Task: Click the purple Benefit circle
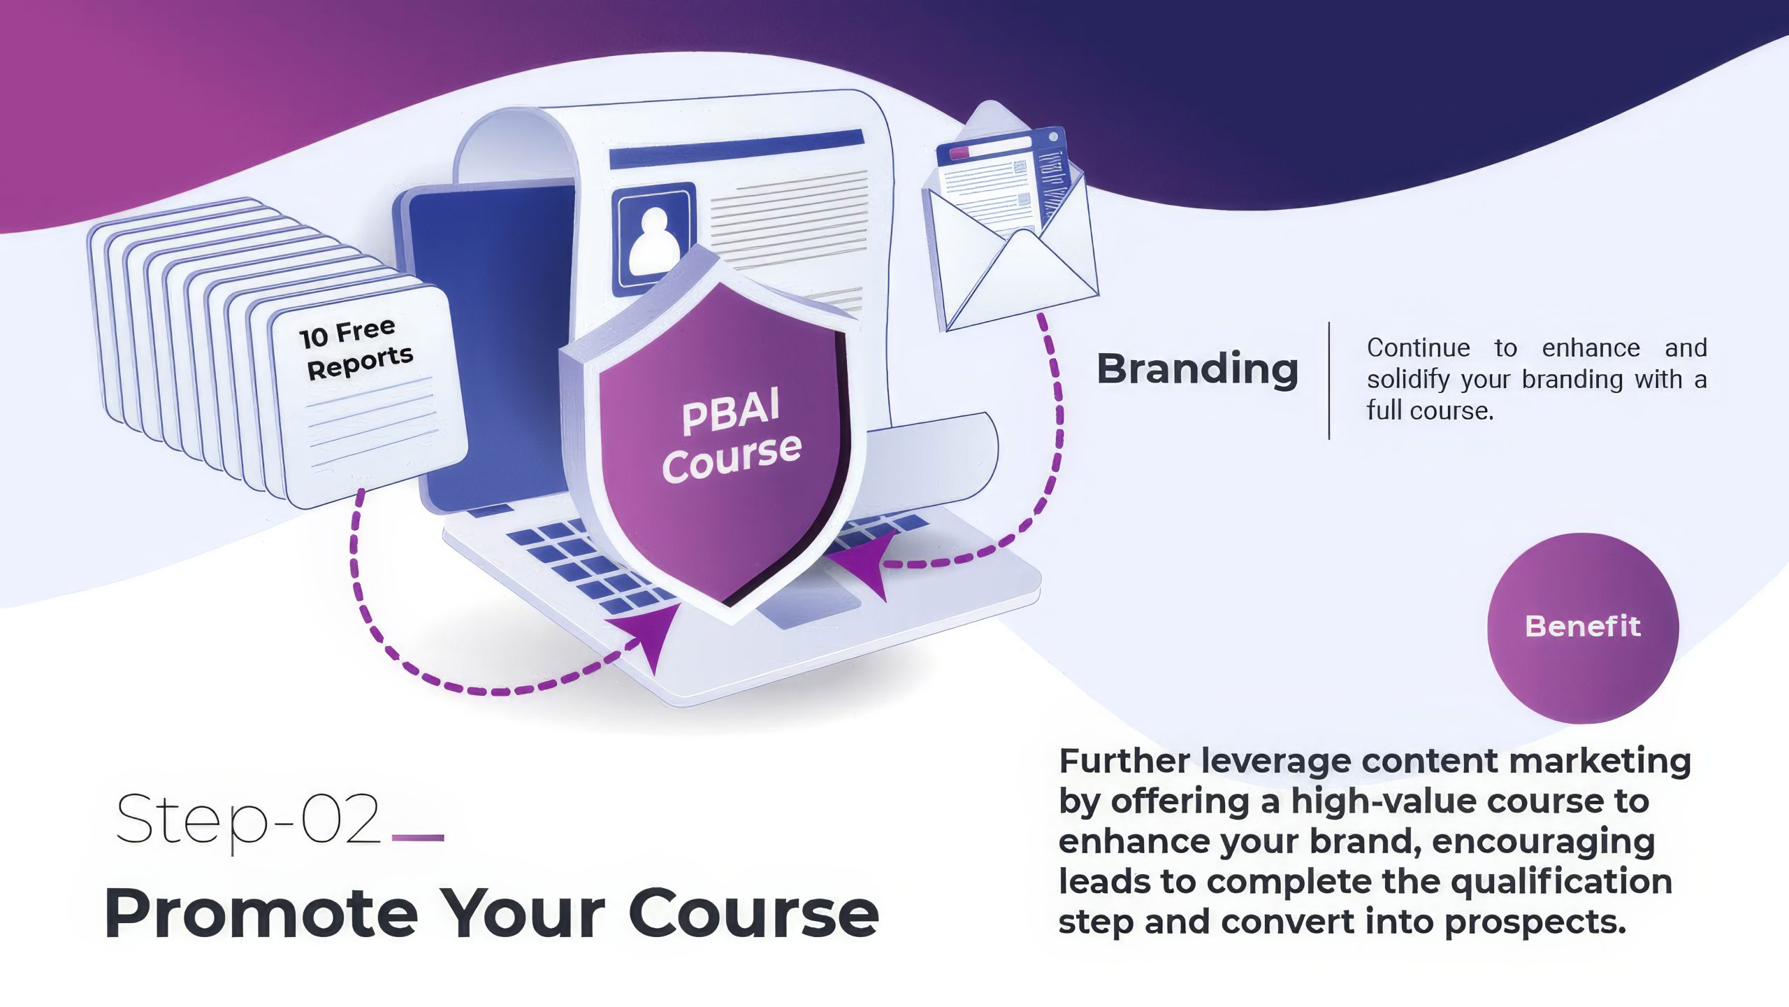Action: click(x=1583, y=627)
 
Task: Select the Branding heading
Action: click(x=1198, y=371)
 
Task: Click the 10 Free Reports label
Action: click(x=356, y=349)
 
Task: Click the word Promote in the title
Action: click(x=261, y=914)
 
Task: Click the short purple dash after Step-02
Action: click(x=419, y=837)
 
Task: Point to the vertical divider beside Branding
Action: click(x=1329, y=381)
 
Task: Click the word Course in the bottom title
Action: click(x=755, y=914)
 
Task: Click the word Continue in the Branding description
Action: click(x=1419, y=348)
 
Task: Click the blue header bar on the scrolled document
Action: click(x=737, y=149)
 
